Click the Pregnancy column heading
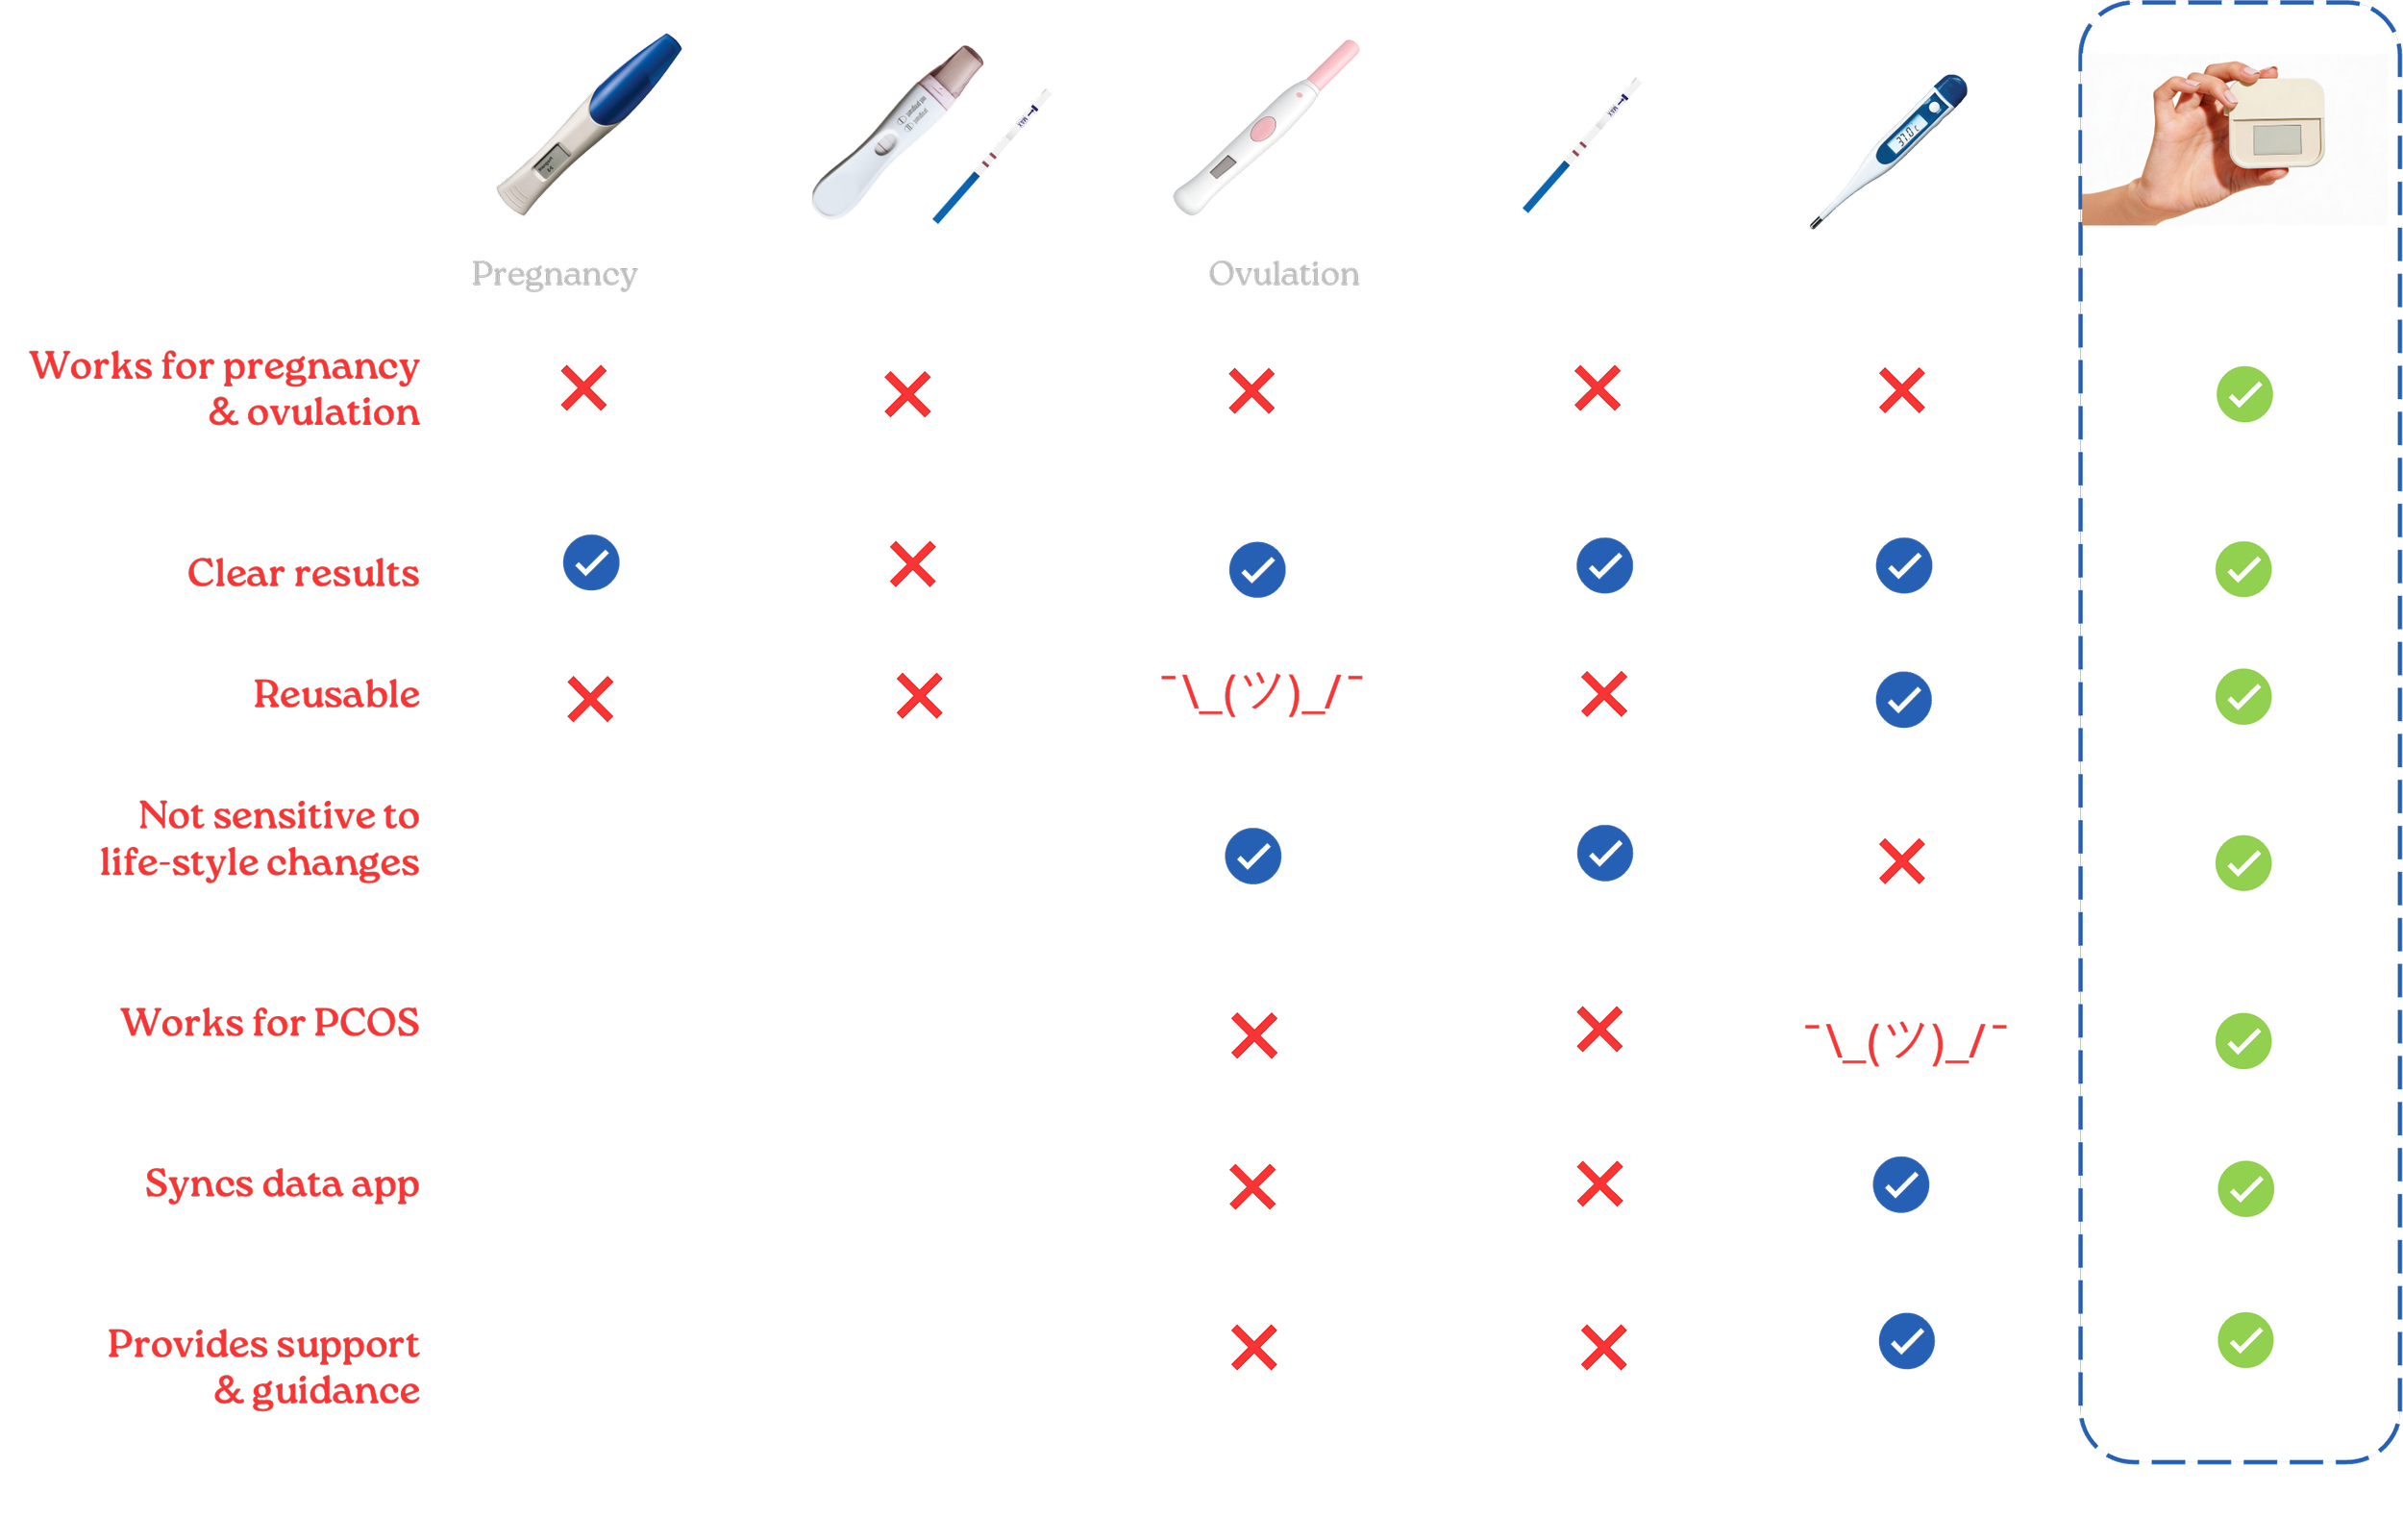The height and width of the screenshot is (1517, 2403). [x=554, y=273]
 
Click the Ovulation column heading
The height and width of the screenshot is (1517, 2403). [x=1283, y=273]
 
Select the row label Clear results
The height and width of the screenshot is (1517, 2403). [x=304, y=573]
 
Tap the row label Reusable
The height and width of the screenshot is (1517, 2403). [x=336, y=694]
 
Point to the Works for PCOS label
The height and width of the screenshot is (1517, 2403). [x=270, y=1023]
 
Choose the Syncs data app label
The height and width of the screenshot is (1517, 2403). [x=283, y=1184]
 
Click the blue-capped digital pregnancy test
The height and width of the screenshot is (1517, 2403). [x=589, y=124]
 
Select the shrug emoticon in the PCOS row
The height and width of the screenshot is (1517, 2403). [x=1905, y=1044]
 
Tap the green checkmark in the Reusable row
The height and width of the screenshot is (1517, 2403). [x=2243, y=697]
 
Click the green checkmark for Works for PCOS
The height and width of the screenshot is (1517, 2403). [x=2243, y=1041]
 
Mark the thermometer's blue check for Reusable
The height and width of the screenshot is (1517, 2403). [x=1903, y=699]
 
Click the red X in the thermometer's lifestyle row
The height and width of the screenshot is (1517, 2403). [x=1901, y=863]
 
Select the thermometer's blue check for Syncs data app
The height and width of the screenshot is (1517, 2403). [x=1901, y=1184]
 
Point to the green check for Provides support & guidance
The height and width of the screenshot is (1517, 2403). [x=2245, y=1340]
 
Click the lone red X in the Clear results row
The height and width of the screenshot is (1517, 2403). [x=913, y=565]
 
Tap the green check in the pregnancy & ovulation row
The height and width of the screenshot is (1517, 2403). [x=2244, y=394]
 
